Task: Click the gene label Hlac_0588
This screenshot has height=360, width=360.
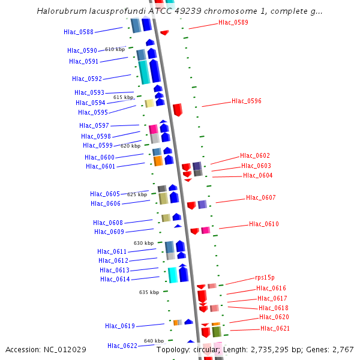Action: (79, 32)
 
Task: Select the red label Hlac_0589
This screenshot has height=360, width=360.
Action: (233, 22)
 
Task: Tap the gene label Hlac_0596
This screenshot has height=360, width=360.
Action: (247, 101)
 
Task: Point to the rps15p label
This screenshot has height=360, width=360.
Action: (265, 277)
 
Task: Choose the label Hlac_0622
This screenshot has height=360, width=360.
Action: (122, 346)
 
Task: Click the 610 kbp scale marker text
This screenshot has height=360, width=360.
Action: (115, 49)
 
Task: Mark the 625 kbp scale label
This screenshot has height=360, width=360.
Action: (137, 194)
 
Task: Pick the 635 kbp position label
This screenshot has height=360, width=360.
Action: (149, 292)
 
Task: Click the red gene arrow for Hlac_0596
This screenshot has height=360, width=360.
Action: (178, 109)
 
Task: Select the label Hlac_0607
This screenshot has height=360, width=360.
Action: (261, 197)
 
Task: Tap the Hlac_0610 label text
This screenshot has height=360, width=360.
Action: (264, 224)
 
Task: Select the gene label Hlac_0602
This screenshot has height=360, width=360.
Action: (255, 155)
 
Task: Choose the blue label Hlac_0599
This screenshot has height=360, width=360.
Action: (98, 145)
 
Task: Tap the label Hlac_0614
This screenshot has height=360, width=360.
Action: (115, 279)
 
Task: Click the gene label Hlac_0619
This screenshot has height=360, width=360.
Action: (120, 326)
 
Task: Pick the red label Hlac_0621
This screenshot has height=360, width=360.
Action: (275, 328)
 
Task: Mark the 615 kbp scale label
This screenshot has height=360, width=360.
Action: (123, 97)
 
